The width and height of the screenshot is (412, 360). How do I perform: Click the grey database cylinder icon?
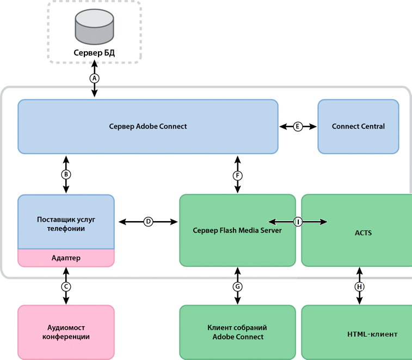(94, 28)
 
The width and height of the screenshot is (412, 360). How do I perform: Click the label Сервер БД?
(94, 53)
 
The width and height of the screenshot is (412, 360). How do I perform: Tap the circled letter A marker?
(94, 78)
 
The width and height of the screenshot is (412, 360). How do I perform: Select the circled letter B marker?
(66, 175)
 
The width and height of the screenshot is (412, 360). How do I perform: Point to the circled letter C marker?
(66, 286)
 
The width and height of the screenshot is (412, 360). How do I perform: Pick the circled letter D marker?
(148, 222)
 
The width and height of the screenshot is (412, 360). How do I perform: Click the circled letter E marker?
(298, 126)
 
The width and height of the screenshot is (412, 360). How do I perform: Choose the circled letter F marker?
(238, 175)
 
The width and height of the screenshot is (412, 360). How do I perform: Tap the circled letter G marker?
(237, 286)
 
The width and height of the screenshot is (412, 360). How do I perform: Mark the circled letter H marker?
(359, 286)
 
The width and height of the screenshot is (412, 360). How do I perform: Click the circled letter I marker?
(298, 222)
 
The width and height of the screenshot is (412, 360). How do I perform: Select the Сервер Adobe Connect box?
(147, 126)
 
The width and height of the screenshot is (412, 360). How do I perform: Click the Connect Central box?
(358, 126)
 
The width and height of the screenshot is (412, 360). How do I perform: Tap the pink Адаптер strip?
(66, 258)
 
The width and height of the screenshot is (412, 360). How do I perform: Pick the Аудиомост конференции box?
(66, 332)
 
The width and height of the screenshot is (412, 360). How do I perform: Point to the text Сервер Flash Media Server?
(237, 230)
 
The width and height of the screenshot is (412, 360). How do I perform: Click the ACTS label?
(359, 233)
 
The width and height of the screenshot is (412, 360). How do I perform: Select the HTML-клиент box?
(356, 332)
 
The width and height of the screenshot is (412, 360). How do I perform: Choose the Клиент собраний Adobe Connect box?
(237, 332)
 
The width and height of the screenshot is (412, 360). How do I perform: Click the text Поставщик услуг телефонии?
(66, 224)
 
